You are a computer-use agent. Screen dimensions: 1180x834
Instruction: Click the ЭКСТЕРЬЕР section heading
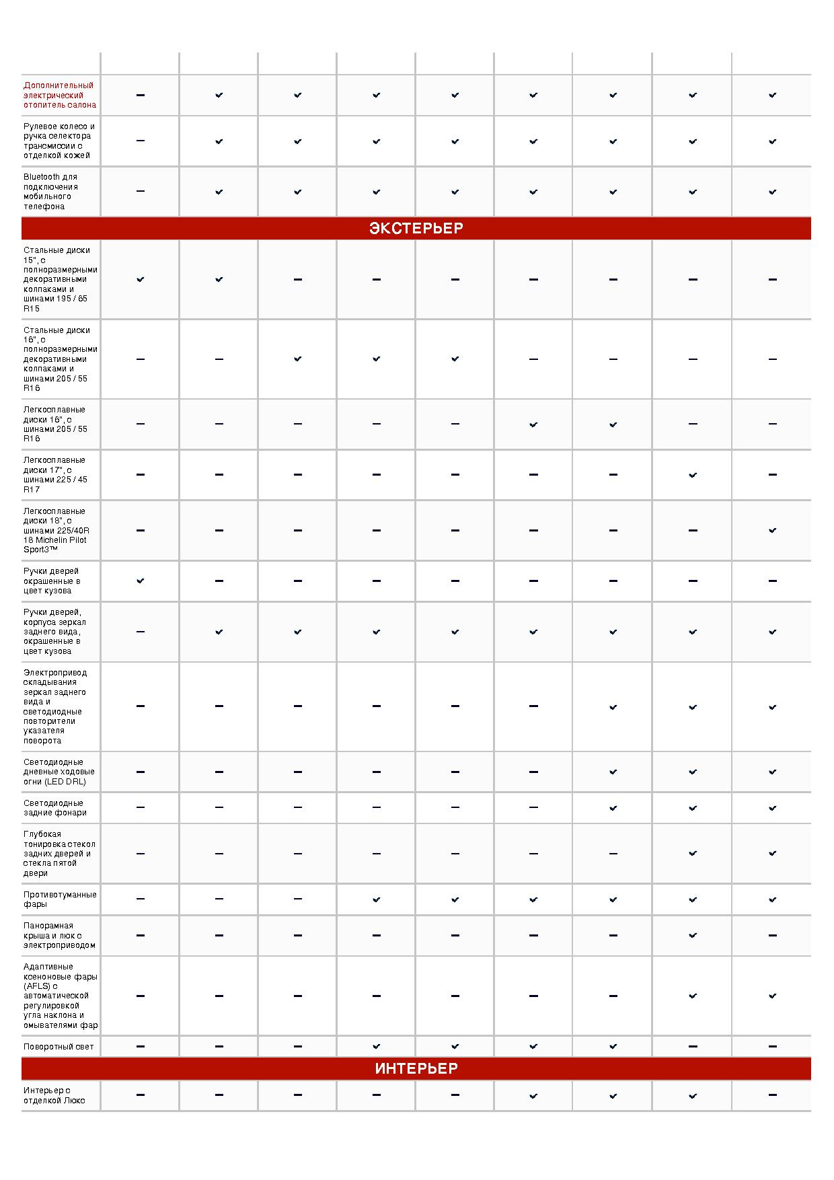tap(416, 229)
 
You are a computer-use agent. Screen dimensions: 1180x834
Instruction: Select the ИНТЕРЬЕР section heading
tap(416, 1069)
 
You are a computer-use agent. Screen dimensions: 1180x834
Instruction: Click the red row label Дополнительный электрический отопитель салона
tap(59, 95)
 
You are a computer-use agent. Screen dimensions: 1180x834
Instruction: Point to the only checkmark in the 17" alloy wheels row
tap(693, 475)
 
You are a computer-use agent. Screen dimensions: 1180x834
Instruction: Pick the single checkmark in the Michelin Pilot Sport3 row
tap(772, 531)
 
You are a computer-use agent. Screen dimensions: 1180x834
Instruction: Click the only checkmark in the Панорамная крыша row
tap(693, 936)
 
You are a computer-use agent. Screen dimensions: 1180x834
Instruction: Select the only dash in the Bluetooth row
tap(140, 192)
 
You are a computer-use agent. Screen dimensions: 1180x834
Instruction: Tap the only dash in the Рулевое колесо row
tap(140, 141)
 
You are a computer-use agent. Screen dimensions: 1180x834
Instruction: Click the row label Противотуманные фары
tap(60, 899)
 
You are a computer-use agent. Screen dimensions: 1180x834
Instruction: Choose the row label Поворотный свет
tap(59, 1047)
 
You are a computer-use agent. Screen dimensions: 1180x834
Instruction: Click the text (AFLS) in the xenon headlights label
tap(37, 986)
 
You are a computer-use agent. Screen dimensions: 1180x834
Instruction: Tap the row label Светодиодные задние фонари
tap(54, 808)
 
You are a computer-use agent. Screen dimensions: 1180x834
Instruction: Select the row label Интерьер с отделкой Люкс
tap(54, 1095)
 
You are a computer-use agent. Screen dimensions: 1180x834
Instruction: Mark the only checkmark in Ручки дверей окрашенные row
tap(140, 581)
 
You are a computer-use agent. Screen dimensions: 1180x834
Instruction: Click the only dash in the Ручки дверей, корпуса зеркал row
tap(140, 632)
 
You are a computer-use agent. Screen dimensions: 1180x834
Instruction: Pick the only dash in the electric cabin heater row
tap(140, 96)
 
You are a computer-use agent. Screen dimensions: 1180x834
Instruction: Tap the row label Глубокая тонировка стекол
tap(59, 854)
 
